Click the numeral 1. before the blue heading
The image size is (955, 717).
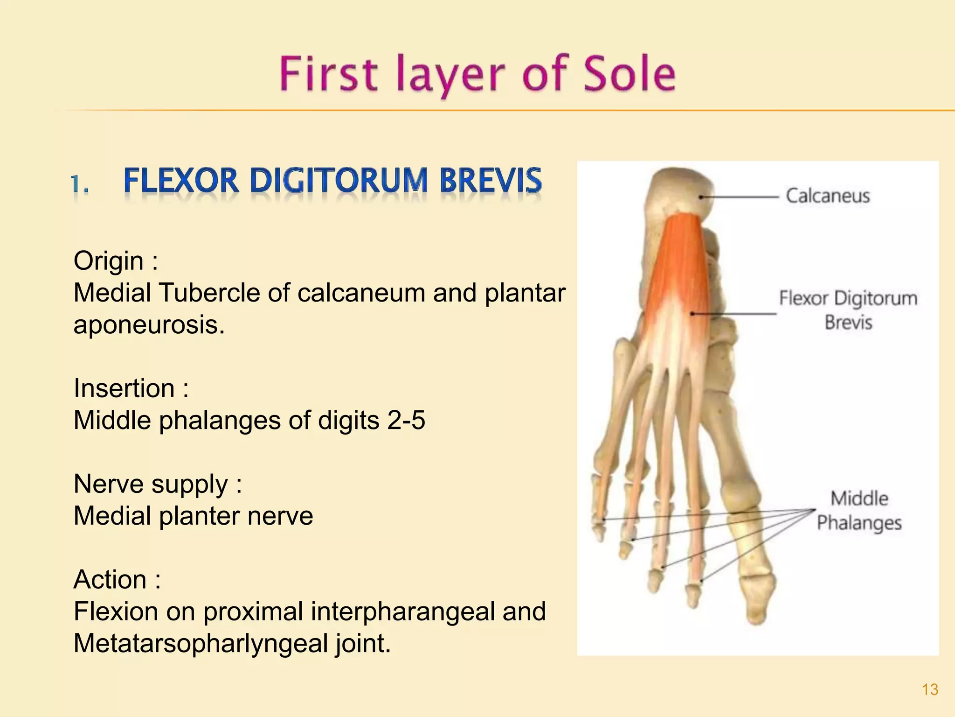[80, 184]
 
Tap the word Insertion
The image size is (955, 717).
[124, 388]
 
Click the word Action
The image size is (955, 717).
[110, 580]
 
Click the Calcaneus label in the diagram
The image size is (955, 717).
[828, 196]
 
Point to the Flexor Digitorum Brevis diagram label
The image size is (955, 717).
[848, 310]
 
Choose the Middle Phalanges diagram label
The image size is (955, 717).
[859, 511]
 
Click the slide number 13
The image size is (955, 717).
[930, 689]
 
